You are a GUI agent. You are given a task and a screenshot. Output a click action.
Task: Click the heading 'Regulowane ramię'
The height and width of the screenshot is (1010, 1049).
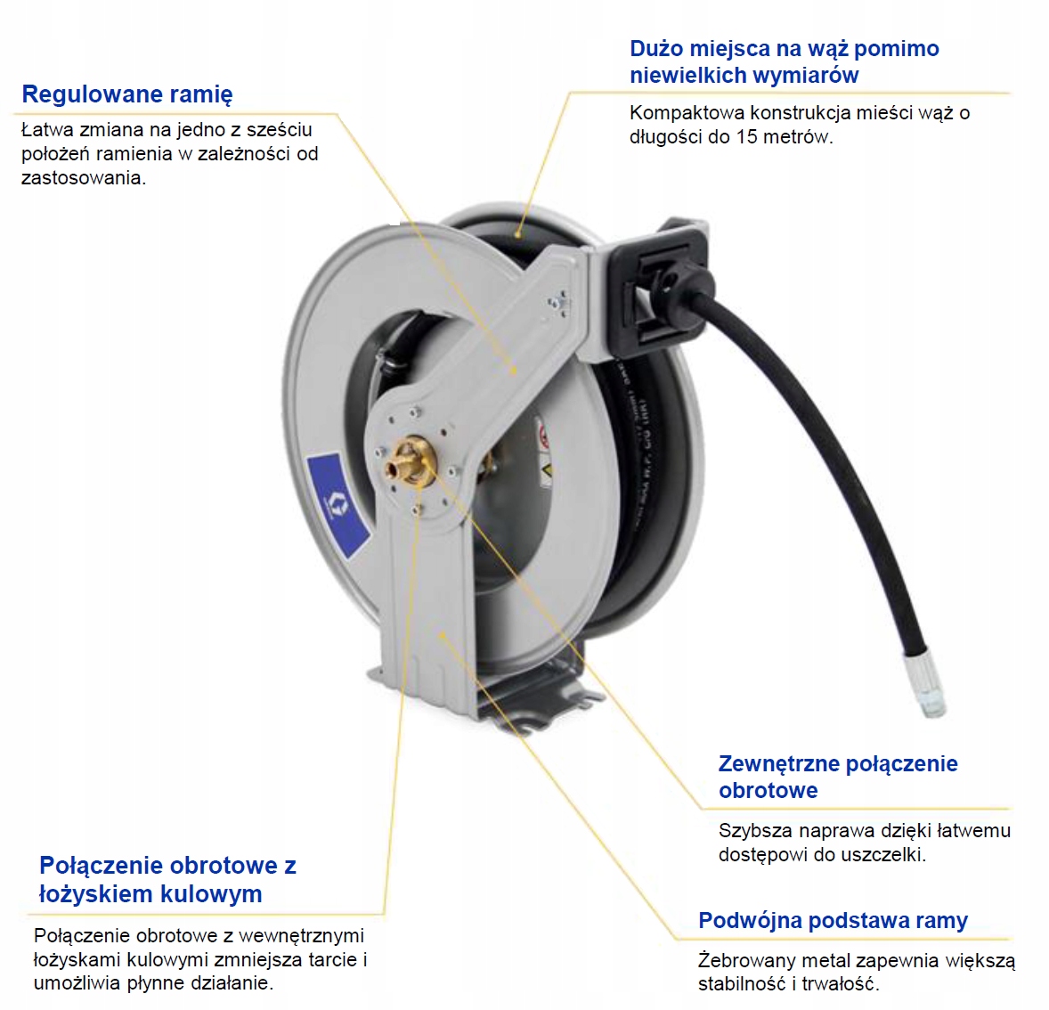point(127,94)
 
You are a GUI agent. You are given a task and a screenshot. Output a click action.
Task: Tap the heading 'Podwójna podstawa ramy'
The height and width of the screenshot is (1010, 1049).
point(833,921)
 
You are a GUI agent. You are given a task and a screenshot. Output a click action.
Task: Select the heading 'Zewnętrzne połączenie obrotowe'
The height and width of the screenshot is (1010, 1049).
point(837,777)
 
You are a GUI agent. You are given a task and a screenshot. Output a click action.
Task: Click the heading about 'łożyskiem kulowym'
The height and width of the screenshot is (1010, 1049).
point(167,879)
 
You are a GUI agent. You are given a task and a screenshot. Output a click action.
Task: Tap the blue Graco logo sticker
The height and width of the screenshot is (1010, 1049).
point(337,503)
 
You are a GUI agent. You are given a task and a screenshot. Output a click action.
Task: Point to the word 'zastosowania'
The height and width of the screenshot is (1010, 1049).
point(82,178)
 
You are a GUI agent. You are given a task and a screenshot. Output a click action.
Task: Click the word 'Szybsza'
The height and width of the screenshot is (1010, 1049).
point(755,831)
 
